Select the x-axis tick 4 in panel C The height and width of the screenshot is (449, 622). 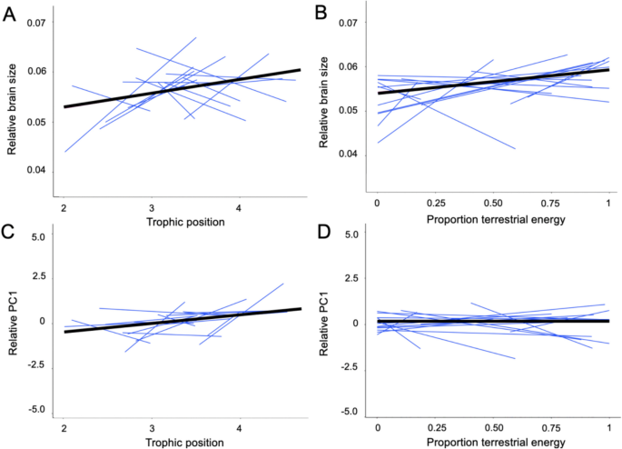tap(239, 426)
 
